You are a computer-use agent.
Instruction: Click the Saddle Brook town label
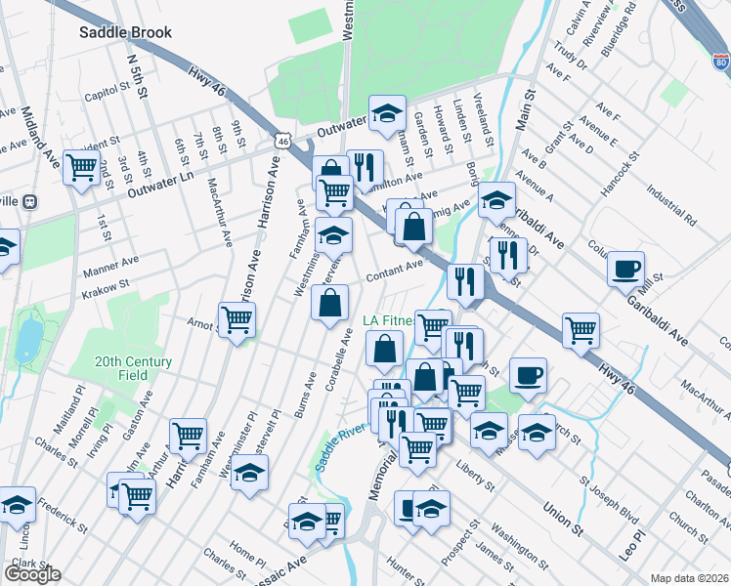click(x=126, y=32)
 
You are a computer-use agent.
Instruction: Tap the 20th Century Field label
click(x=134, y=368)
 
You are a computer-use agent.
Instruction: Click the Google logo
click(x=32, y=573)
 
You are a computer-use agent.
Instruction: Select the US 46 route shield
click(x=282, y=141)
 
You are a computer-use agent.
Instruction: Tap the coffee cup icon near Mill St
click(x=625, y=269)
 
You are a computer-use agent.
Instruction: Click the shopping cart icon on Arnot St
click(x=237, y=317)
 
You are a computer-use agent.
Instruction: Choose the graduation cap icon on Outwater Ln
click(x=387, y=112)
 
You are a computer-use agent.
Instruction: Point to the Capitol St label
click(x=107, y=96)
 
